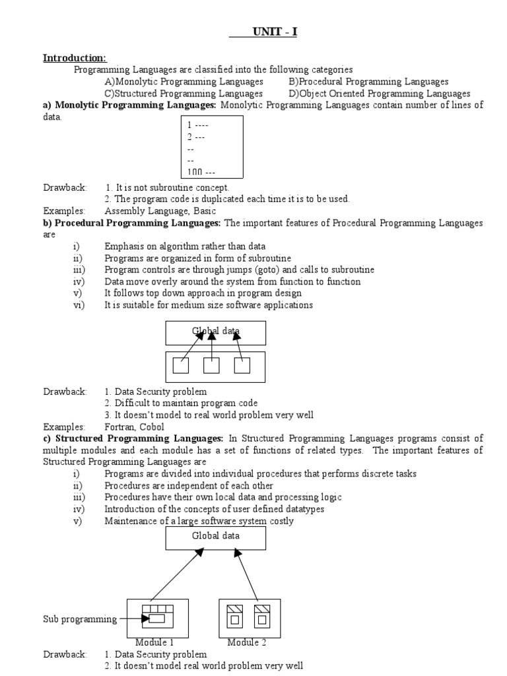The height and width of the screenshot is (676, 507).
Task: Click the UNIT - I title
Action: click(x=275, y=32)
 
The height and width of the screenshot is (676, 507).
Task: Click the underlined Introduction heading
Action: click(x=74, y=57)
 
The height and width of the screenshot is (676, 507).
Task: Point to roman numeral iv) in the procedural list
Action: click(x=79, y=281)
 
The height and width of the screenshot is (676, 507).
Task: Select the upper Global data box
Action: click(x=215, y=332)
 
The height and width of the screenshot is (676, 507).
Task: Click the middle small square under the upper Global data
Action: click(x=211, y=365)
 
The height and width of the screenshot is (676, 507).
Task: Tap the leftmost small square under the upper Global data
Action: click(x=180, y=365)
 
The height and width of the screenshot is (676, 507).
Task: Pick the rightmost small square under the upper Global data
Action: click(x=242, y=365)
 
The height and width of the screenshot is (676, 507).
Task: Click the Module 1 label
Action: click(x=154, y=642)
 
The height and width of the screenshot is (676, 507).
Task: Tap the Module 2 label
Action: click(x=248, y=642)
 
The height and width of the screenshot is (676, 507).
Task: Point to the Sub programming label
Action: click(x=80, y=619)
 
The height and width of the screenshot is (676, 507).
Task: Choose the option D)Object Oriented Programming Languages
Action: click(x=379, y=94)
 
